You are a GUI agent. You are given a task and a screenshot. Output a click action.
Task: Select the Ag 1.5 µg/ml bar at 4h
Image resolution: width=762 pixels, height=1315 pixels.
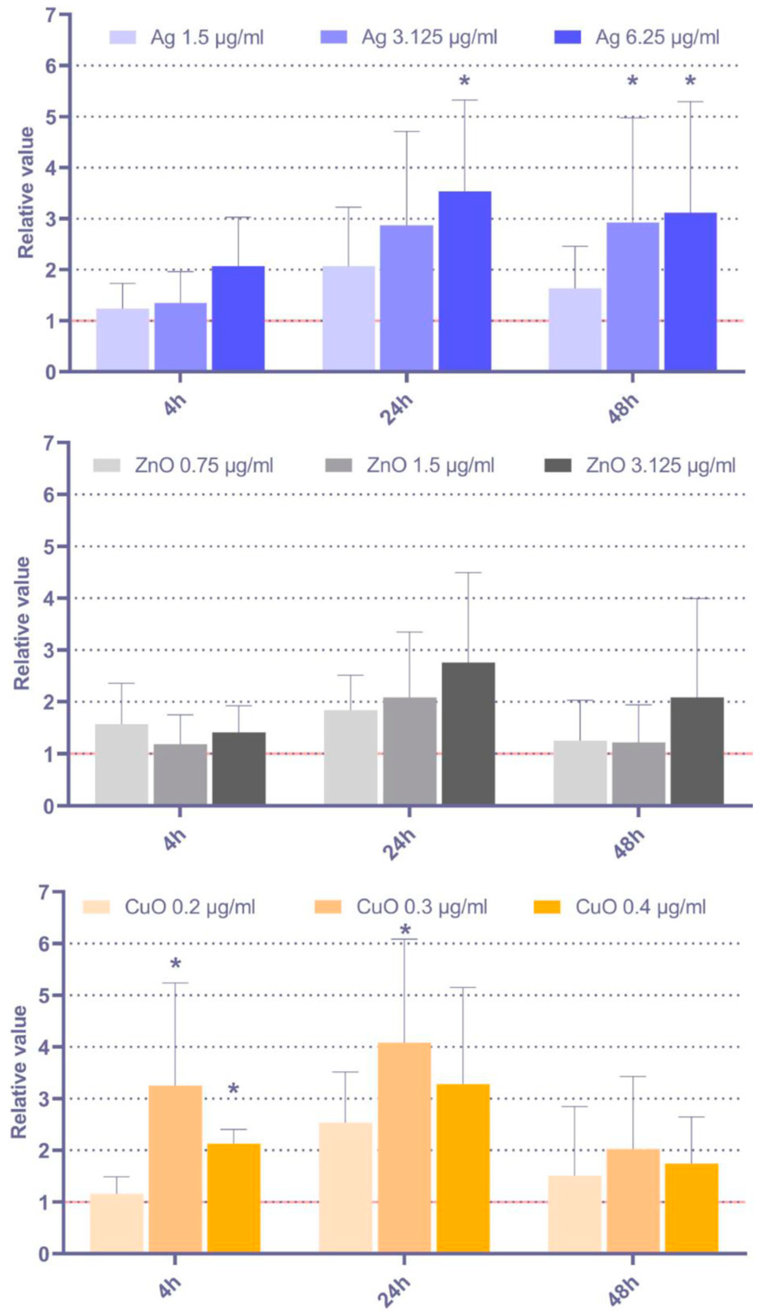point(123,339)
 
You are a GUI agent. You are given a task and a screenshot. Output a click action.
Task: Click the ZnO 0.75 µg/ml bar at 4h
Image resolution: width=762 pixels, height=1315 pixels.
point(121,764)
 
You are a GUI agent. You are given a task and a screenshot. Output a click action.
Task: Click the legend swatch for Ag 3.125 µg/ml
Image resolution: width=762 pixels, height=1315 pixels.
point(334,38)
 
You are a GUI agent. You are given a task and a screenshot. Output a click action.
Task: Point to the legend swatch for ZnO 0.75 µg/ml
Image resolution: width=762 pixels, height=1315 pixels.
point(107,465)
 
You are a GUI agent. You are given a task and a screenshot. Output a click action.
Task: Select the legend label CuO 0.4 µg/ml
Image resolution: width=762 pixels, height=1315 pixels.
point(641,907)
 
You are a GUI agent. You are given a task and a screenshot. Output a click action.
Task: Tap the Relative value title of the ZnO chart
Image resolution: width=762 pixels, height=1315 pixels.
point(22,623)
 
